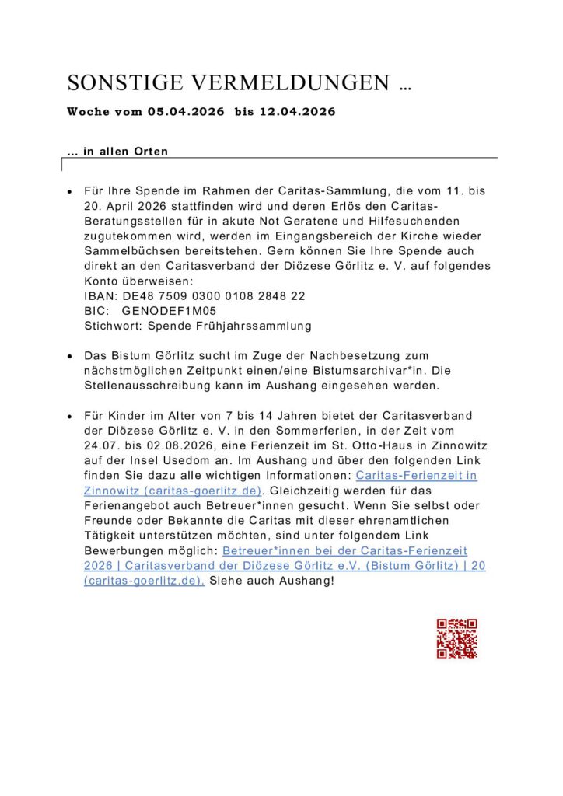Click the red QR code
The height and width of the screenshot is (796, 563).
click(x=456, y=639)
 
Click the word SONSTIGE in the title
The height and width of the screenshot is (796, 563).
click(x=124, y=83)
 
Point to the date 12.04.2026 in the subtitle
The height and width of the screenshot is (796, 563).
click(x=296, y=112)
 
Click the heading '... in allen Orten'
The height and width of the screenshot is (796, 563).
click(x=117, y=152)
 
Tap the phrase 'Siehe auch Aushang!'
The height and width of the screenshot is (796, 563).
click(x=271, y=581)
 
